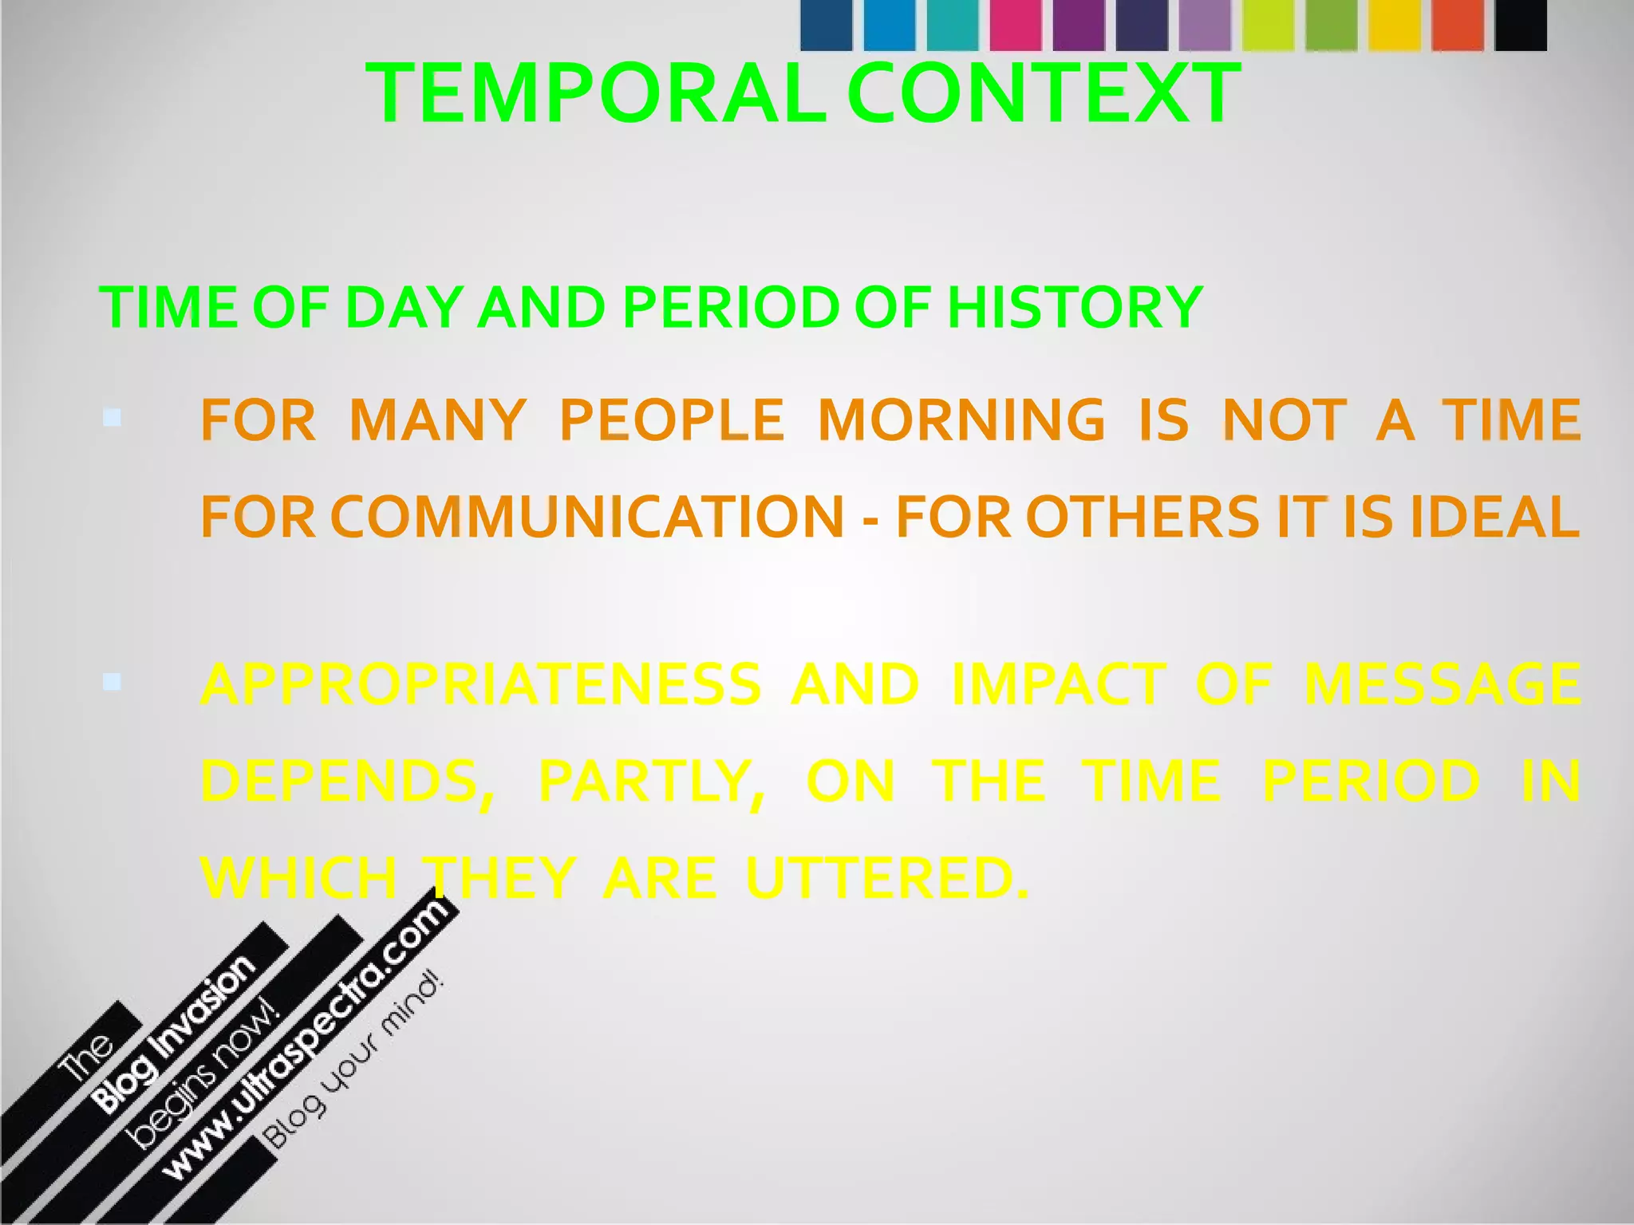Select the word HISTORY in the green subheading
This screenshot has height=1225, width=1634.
1075,307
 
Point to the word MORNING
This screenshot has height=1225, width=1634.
961,420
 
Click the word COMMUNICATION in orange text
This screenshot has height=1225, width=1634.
586,518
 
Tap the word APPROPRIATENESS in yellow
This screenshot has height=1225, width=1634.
481,684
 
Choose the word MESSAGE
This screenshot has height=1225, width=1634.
1442,684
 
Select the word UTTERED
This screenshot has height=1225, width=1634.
886,879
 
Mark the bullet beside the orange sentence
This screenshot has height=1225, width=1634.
112,417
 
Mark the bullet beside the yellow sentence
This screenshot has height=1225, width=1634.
112,682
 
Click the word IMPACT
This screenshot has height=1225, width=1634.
1059,684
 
